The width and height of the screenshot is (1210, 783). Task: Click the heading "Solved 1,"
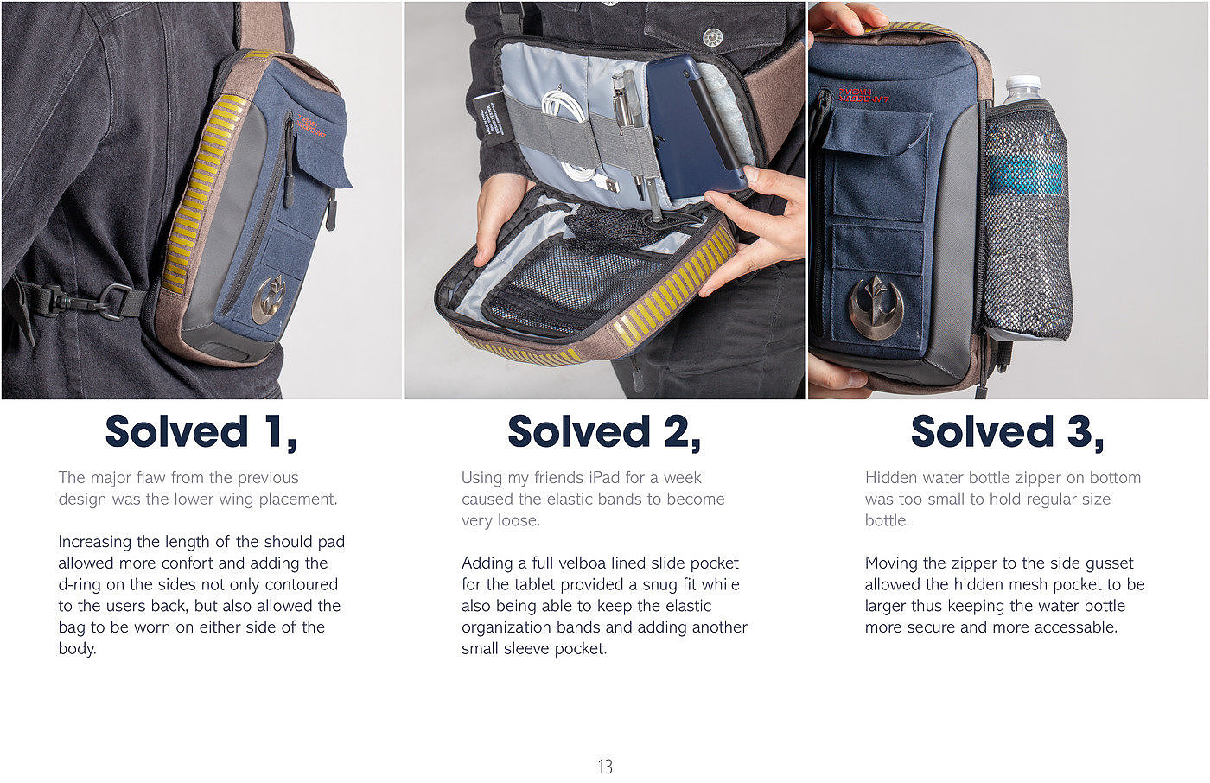coord(201,432)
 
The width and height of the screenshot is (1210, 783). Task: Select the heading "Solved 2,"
coord(604,432)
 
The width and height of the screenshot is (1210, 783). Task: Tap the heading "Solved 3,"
coord(1008,432)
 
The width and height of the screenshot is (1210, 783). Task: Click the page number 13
coord(605,767)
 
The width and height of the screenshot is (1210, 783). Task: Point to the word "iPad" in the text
coord(604,477)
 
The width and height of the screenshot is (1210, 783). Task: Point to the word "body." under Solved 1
coord(77,648)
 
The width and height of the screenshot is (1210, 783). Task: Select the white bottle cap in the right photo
coord(1022,86)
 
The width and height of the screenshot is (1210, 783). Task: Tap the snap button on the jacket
coord(713,37)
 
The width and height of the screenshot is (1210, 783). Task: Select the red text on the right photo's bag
coord(863,96)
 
